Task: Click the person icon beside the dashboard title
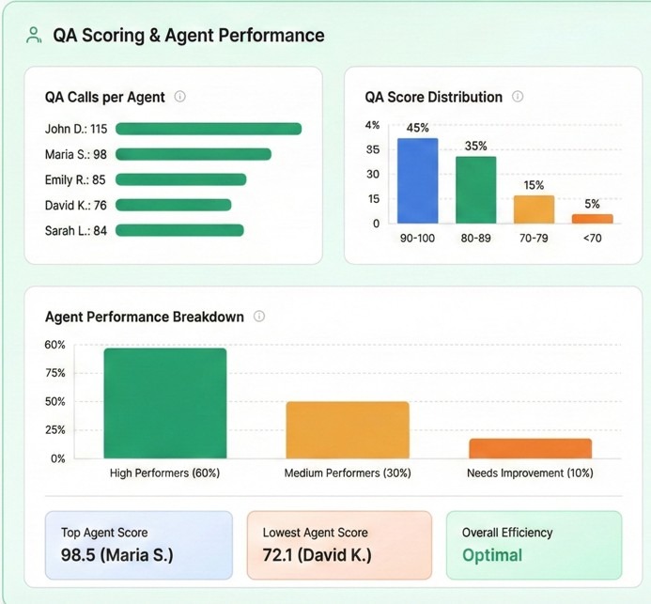pyautogui.click(x=34, y=36)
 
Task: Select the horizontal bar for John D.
pyautogui.click(x=208, y=129)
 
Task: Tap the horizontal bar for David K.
pyautogui.click(x=173, y=205)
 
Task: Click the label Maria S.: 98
pyautogui.click(x=76, y=154)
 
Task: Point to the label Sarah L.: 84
pyautogui.click(x=76, y=230)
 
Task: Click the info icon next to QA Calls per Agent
pyautogui.click(x=180, y=96)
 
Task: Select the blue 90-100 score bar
pyautogui.click(x=417, y=180)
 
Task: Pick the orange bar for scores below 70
pyautogui.click(x=592, y=218)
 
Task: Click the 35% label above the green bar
pyautogui.click(x=476, y=146)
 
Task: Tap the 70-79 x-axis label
pyautogui.click(x=534, y=239)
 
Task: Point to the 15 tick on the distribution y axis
pyautogui.click(x=373, y=198)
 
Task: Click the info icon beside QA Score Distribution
pyautogui.click(x=518, y=96)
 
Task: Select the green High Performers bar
pyautogui.click(x=165, y=403)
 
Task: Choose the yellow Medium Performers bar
pyautogui.click(x=348, y=429)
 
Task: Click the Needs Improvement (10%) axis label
pyautogui.click(x=530, y=472)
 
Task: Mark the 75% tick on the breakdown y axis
pyautogui.click(x=55, y=373)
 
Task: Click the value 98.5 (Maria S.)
pyautogui.click(x=117, y=554)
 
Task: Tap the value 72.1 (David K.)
pyautogui.click(x=318, y=554)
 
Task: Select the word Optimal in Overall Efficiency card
pyautogui.click(x=492, y=554)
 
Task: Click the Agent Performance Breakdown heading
pyautogui.click(x=145, y=317)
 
